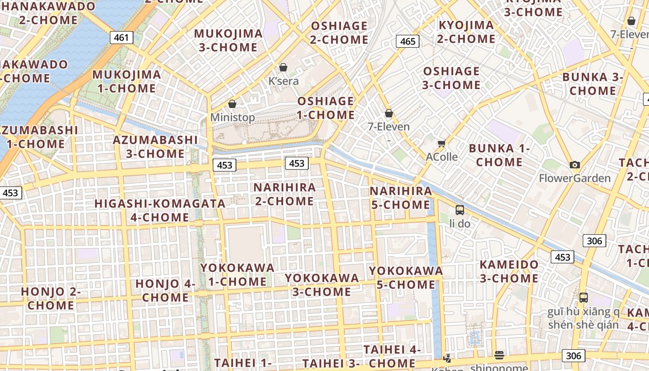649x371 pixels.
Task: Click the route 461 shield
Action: coord(121,38)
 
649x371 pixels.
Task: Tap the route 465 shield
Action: coord(407,41)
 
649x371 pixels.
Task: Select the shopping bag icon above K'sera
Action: coord(283,67)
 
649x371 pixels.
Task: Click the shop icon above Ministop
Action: coord(232,104)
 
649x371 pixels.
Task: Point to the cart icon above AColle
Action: coord(441,143)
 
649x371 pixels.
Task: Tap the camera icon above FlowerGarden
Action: coord(575,165)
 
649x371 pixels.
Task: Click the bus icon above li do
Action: coord(460,210)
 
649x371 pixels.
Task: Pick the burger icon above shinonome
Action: coord(499,355)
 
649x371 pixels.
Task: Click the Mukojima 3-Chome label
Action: coord(228,40)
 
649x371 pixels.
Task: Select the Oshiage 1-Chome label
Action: coord(326,108)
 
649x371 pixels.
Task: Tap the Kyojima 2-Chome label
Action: coord(466,32)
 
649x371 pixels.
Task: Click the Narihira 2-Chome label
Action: coord(285,194)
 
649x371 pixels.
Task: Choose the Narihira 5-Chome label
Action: coord(401,198)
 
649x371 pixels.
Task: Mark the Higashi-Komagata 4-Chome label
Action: coord(160,210)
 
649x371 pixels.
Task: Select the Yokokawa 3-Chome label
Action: coord(322,285)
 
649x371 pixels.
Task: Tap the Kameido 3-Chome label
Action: coord(509,271)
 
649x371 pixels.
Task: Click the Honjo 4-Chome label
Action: coord(165,290)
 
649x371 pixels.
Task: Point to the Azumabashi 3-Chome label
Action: coord(155,147)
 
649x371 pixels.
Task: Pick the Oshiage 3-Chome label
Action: coord(452,78)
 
